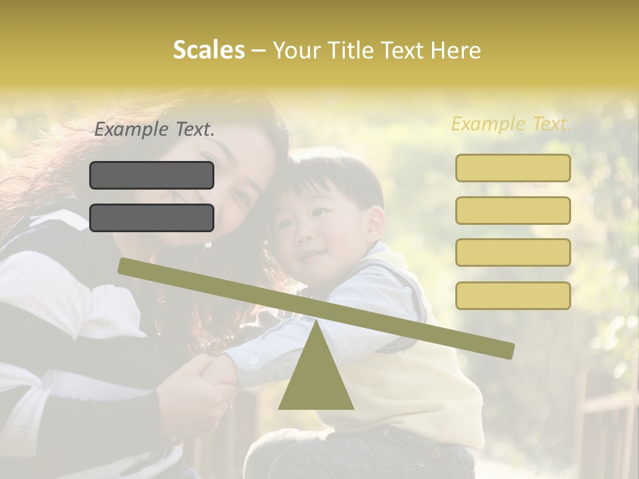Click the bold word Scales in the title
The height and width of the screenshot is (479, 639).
point(208,50)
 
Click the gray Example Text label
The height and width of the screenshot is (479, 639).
point(154,130)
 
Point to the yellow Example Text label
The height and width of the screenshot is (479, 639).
point(511,124)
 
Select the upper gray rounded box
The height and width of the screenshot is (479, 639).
point(152,175)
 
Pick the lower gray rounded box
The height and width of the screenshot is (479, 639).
point(152,218)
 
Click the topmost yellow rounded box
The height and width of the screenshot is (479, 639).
point(513,168)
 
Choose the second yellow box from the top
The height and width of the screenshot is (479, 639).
point(513,210)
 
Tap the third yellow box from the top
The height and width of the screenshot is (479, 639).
point(513,253)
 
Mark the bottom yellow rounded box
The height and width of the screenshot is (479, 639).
point(513,295)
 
